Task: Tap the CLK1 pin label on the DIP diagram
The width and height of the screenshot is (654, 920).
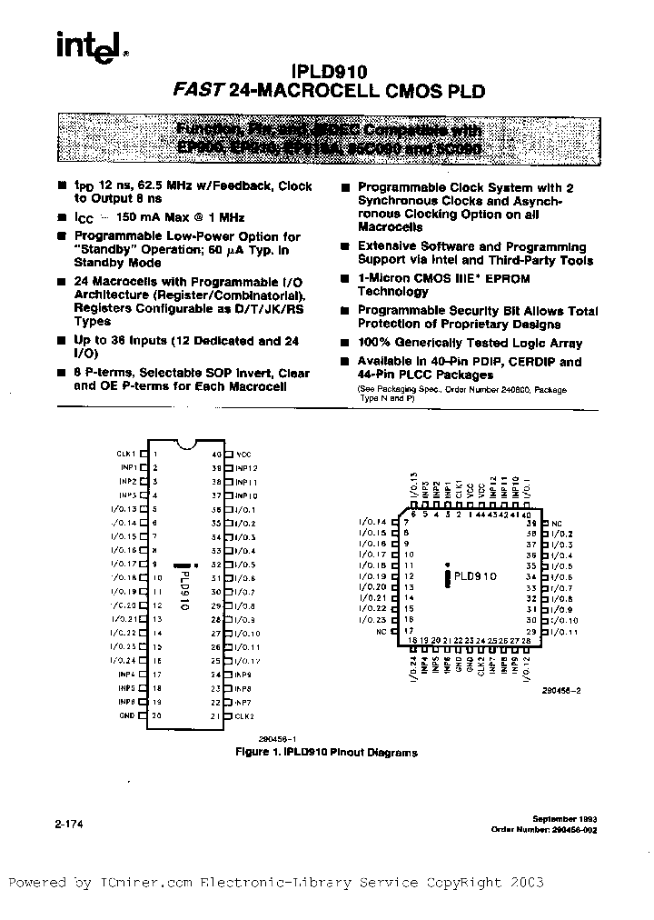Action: click(x=125, y=454)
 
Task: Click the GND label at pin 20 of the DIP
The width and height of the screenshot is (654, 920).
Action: click(x=127, y=715)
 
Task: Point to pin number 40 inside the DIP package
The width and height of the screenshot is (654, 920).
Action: click(x=216, y=454)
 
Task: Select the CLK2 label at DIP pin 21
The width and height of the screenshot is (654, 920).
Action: click(x=243, y=716)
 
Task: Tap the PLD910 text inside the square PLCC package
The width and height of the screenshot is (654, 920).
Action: click(x=475, y=576)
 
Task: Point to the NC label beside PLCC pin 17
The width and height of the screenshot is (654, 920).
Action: click(x=382, y=630)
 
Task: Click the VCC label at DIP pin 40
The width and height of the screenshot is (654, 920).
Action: click(x=243, y=454)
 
